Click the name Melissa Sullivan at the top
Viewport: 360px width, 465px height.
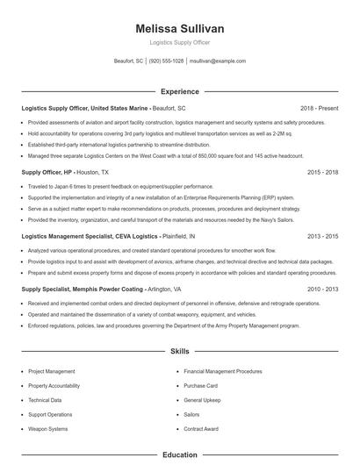click(x=180, y=29)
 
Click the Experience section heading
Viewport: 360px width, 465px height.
click(x=180, y=91)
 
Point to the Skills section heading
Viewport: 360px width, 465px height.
click(x=180, y=352)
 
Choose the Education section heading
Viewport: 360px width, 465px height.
click(x=180, y=455)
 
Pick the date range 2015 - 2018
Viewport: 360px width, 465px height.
click(x=322, y=173)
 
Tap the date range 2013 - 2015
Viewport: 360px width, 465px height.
click(x=322, y=236)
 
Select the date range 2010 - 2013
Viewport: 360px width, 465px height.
click(x=322, y=289)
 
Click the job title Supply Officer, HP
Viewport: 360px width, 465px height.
click(x=47, y=173)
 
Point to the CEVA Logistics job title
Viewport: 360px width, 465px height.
click(x=90, y=236)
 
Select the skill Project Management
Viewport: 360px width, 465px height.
click(x=52, y=371)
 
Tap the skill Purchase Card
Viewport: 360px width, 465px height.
click(x=200, y=385)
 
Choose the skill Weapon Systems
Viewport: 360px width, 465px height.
click(x=47, y=429)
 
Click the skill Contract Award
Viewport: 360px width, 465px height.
click(x=201, y=429)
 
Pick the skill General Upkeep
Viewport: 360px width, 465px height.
click(x=202, y=400)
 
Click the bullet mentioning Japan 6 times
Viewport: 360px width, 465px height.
click(x=109, y=187)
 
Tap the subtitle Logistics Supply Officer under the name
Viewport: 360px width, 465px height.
click(x=180, y=42)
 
